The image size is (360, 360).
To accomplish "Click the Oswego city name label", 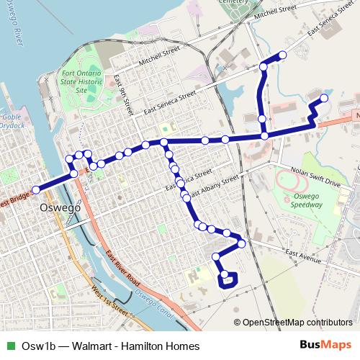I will (58, 211).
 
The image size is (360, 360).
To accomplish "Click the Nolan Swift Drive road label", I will (314, 178).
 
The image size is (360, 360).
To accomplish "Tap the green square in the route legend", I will (9, 346).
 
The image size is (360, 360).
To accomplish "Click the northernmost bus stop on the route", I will (282, 55).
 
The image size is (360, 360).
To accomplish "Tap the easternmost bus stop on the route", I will (325, 98).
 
